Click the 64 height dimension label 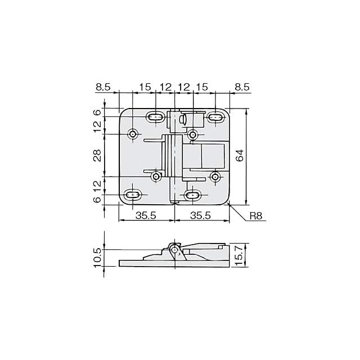tap(240, 155)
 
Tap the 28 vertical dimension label tap(97, 155)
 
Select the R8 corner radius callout tap(256, 216)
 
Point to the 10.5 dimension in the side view tap(97, 258)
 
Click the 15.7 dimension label tap(239, 255)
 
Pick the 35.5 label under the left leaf tap(146, 215)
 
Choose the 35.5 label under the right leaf tap(200, 215)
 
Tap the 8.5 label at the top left tap(103, 87)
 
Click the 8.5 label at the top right tap(242, 87)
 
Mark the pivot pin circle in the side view tap(175, 250)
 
